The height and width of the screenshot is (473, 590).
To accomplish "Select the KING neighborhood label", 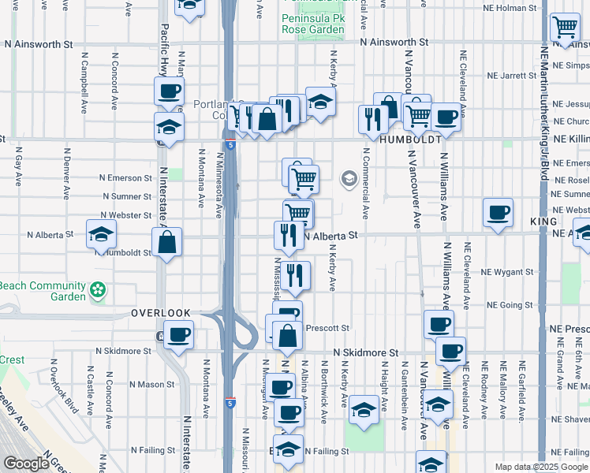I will point(543,223).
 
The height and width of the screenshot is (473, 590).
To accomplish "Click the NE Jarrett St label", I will point(512,76).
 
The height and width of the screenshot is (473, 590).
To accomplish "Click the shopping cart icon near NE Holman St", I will point(565,28).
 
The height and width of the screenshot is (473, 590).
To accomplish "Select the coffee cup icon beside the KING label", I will point(499,213).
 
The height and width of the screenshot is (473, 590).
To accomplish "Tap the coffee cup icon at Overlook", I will point(178,334).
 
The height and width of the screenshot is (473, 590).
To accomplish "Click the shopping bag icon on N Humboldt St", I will point(167,242).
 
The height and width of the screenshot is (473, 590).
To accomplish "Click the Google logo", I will point(25,464).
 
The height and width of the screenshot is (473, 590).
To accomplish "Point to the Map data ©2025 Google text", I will point(540,467).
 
